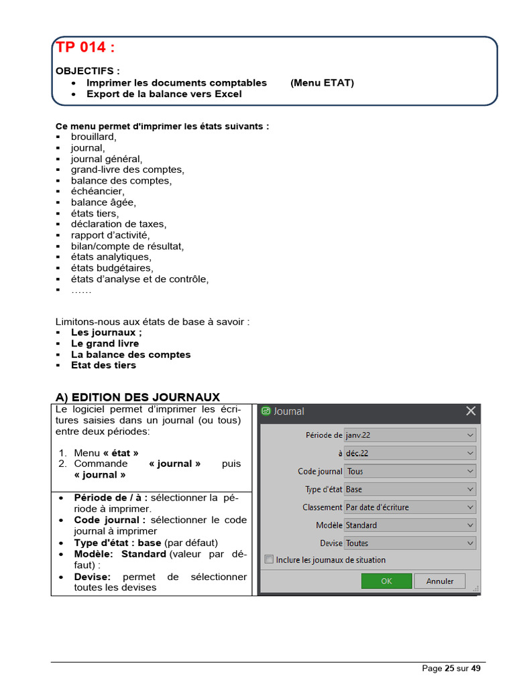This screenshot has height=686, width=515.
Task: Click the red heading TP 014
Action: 85,48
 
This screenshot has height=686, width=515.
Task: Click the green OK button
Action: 386,581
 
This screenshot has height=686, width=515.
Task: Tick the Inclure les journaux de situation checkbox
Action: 269,559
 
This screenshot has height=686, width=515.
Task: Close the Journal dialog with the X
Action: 471,411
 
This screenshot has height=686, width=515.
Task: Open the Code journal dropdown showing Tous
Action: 410,471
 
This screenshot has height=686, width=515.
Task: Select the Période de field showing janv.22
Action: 410,435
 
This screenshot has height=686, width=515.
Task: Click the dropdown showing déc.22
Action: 410,453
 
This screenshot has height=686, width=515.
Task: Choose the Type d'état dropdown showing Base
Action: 410,489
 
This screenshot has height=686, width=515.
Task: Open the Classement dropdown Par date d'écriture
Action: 410,507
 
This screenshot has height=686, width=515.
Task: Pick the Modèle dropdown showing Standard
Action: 410,525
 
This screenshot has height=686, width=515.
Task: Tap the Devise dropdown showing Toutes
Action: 410,543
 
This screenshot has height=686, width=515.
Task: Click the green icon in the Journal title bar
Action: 266,411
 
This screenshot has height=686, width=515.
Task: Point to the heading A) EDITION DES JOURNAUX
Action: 137,397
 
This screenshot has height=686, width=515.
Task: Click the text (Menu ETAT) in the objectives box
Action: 322,83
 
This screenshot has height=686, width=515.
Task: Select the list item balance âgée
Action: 103,202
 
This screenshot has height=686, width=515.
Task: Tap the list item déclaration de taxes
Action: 119,224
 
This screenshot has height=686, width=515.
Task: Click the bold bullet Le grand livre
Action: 105,344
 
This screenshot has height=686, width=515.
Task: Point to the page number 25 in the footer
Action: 449,668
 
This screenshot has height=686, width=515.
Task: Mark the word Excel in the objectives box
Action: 228,94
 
